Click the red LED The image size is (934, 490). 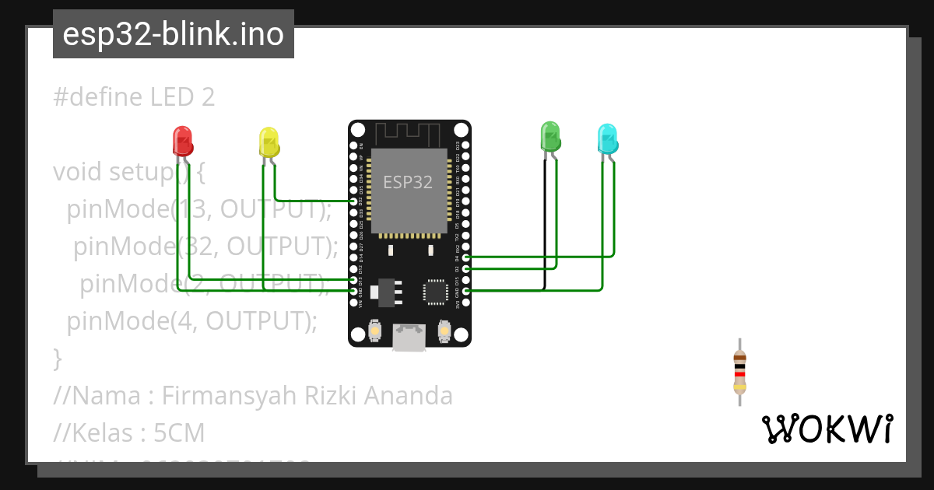coord(182,142)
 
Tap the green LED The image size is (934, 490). coord(550,136)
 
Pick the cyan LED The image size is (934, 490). coord(607,138)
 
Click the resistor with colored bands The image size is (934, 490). coord(739,372)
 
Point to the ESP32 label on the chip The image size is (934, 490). coord(408,182)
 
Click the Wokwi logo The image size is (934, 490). coord(827,429)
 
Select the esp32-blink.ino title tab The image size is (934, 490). coord(173,34)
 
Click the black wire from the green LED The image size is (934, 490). coord(544,226)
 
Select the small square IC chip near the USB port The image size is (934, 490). coord(436,291)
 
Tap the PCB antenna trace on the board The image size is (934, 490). coord(409,132)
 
